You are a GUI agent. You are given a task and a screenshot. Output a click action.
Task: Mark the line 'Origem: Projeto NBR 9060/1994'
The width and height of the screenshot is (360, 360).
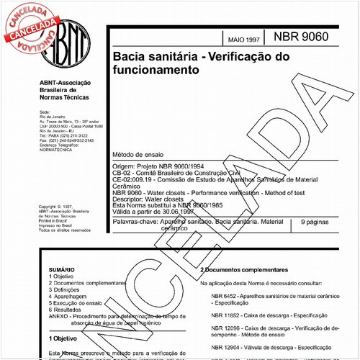click(x=153, y=166)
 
